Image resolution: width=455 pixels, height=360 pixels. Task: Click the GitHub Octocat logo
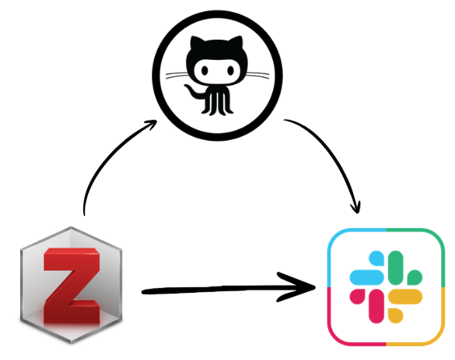coord(217,75)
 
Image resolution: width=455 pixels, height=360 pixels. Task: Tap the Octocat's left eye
coord(204,70)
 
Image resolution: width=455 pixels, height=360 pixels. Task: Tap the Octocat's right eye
coord(230,70)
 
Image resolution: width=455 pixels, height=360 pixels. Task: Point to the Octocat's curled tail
coord(195,91)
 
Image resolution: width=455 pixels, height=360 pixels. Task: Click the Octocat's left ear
coord(196,43)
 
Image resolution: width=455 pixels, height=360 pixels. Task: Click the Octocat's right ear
coord(237,43)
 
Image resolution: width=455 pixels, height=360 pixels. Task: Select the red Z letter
coord(72,286)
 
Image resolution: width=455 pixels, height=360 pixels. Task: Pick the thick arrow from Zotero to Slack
coord(228,289)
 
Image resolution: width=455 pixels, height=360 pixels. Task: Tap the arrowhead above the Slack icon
coord(356,207)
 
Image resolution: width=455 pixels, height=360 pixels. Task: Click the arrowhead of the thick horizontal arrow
coord(299,287)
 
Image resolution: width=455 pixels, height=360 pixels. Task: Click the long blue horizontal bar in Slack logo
coord(367,277)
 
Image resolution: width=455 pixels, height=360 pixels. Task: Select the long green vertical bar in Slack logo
coord(395,268)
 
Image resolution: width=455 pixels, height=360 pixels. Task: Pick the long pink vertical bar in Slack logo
coord(377,306)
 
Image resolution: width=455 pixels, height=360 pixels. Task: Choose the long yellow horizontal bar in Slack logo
coord(405,296)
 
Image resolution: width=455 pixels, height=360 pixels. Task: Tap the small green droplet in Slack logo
coord(415,277)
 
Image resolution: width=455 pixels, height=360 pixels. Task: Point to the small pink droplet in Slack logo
coord(357,296)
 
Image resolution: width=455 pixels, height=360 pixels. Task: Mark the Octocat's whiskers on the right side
coord(257,75)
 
